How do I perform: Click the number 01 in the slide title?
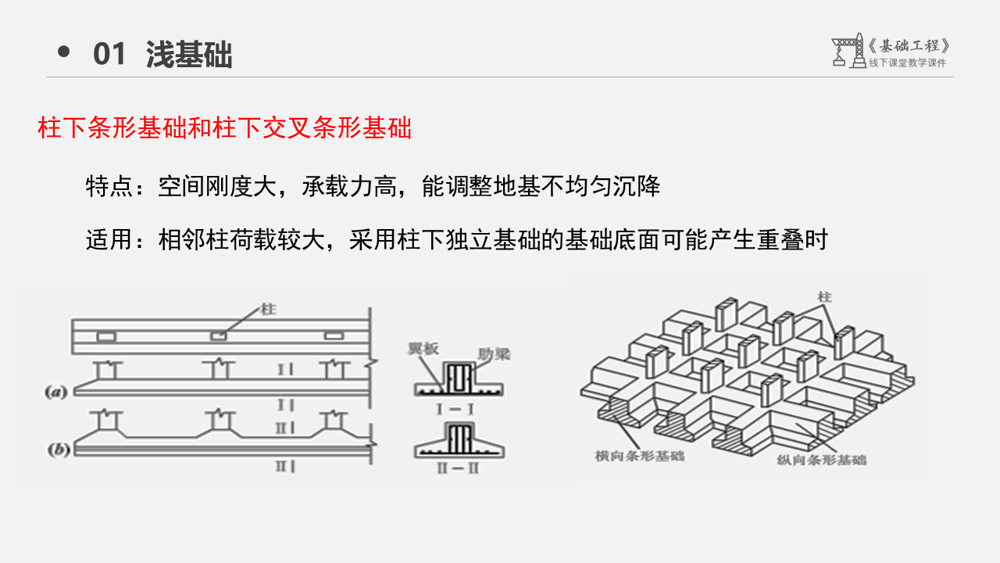point(109,55)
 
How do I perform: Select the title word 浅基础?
point(189,55)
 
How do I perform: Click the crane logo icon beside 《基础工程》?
point(847,51)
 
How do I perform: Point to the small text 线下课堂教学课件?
point(907,63)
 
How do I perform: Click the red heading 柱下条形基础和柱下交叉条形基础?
point(224,128)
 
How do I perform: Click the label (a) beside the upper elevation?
point(56,393)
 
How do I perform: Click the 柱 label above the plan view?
point(270,310)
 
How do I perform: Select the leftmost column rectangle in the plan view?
point(106,336)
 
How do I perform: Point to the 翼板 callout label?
point(422,350)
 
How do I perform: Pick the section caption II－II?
point(459,468)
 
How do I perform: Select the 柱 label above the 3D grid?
point(823,297)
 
